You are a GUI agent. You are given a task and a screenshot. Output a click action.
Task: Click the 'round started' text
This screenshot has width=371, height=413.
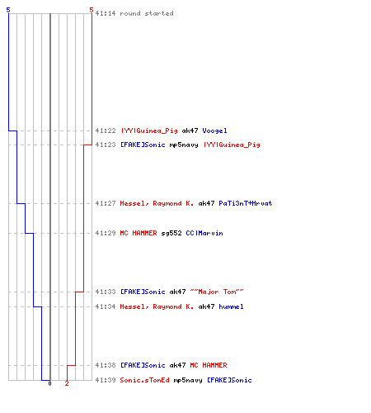tap(147, 13)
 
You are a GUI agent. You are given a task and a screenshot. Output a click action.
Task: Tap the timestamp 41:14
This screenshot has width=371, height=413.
tap(106, 13)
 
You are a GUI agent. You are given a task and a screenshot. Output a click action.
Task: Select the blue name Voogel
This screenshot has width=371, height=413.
tap(214, 131)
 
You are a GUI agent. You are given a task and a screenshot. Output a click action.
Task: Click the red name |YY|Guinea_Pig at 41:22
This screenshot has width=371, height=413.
tap(149, 131)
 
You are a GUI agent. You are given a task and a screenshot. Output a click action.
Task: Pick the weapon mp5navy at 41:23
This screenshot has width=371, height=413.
tap(184, 145)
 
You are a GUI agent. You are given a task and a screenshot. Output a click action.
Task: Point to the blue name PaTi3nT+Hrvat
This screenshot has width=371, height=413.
tap(246, 203)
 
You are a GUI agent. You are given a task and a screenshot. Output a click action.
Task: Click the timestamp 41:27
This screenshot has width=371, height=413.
tap(106, 203)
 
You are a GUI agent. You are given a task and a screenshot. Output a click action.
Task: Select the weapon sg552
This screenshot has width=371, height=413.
tap(171, 233)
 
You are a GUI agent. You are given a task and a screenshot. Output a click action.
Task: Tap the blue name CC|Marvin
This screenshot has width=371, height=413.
tap(204, 233)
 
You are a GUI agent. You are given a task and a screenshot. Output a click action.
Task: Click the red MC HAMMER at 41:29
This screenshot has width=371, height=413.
tap(139, 233)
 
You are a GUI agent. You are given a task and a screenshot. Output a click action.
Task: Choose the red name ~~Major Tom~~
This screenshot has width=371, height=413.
tap(217, 292)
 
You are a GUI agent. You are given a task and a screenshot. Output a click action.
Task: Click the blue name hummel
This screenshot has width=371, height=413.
tap(231, 306)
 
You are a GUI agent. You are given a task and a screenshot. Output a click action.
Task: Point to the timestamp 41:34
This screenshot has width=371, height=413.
tap(106, 306)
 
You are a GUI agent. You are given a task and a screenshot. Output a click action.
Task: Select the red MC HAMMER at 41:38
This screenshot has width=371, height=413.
tap(209, 365)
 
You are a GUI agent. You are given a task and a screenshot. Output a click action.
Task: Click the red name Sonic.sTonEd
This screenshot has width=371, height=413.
tap(144, 380)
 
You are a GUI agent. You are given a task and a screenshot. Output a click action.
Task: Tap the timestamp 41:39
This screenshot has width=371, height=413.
tap(106, 380)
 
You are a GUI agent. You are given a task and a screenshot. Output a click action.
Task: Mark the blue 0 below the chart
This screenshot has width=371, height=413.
tap(49, 383)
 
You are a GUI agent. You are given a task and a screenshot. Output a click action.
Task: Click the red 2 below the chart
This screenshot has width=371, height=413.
tap(67, 383)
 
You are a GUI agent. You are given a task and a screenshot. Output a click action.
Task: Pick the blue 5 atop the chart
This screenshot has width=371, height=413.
tap(8, 10)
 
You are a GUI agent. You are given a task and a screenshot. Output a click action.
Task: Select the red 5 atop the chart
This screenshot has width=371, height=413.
tap(92, 10)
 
